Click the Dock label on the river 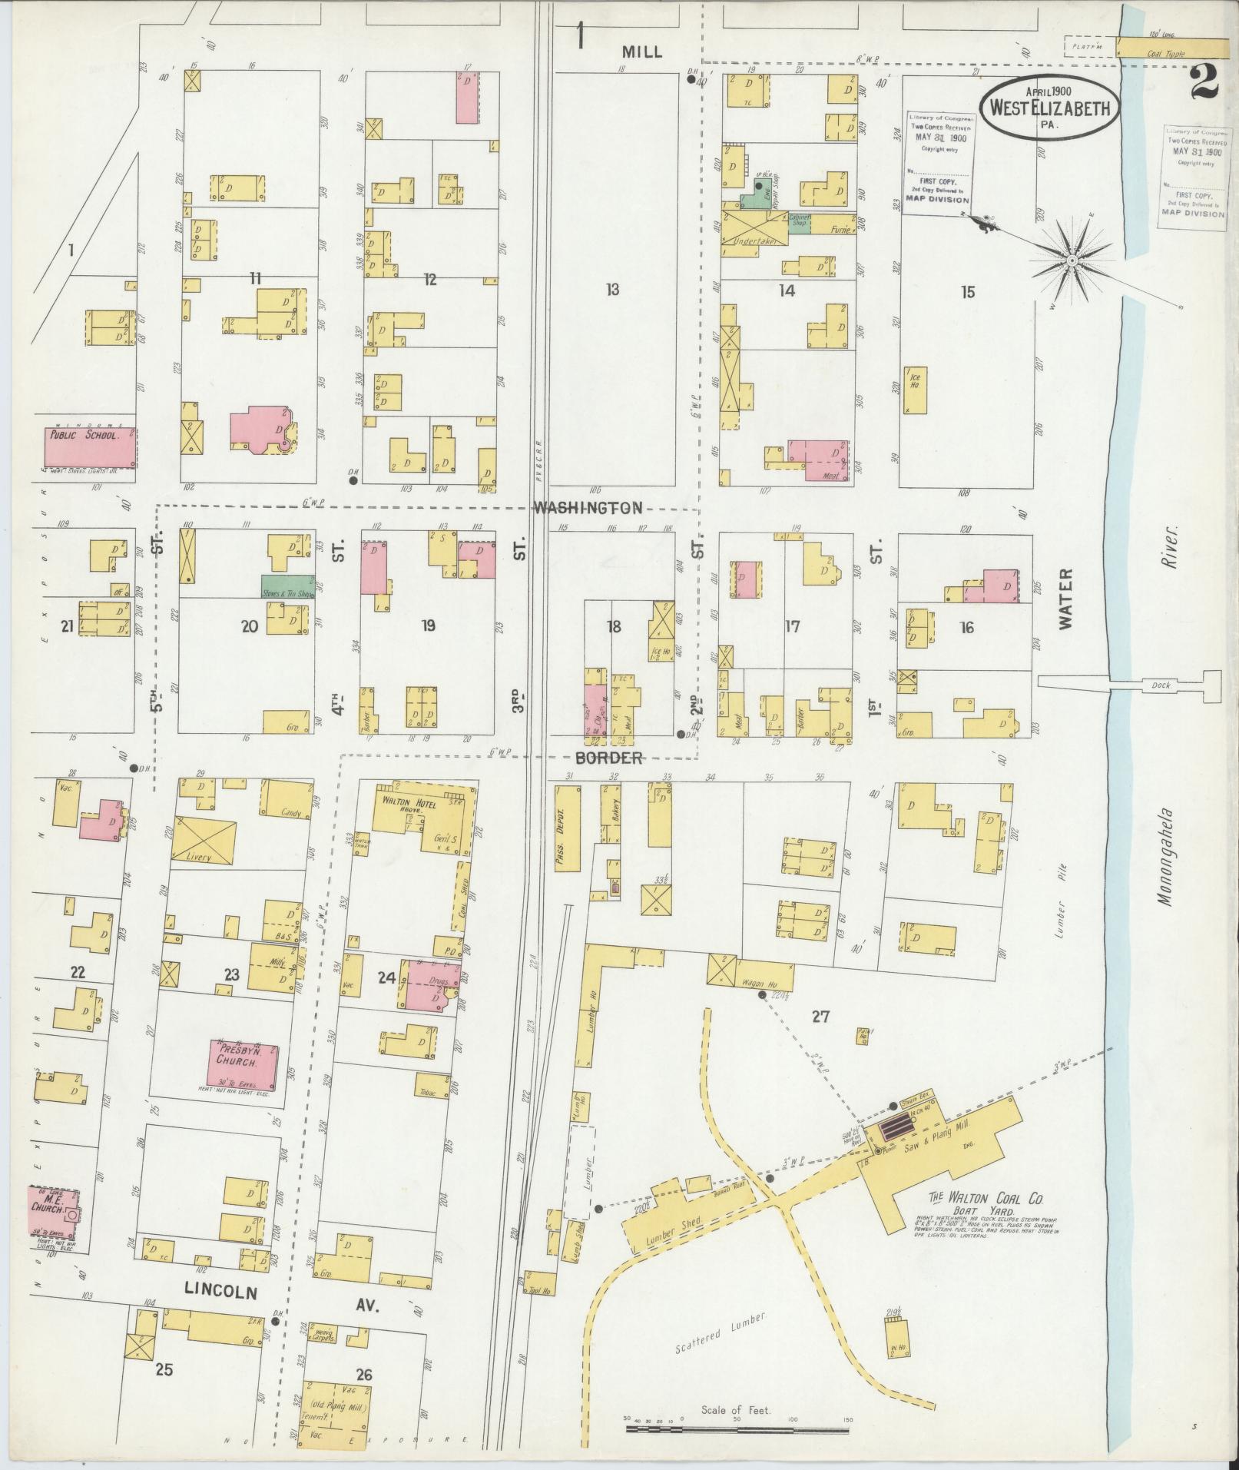(x=1161, y=685)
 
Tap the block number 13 (x=611, y=290)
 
